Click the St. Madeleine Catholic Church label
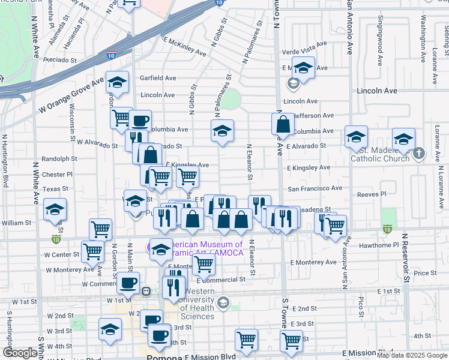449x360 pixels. tap(379, 154)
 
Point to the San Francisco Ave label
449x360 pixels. tap(315, 188)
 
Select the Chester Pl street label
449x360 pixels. tap(58, 175)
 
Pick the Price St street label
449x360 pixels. tap(425, 273)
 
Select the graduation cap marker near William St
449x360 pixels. tap(55, 210)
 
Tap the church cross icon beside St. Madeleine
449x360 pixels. tap(419, 154)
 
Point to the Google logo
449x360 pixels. tap(20, 352)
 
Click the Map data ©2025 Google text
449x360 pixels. tap(411, 355)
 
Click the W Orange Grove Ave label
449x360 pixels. tap(71, 97)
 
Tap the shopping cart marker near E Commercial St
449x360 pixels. tap(204, 263)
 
